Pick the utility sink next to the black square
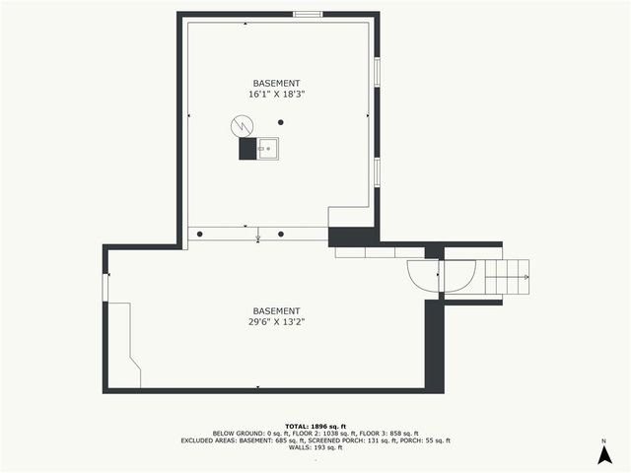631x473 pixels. point(267,149)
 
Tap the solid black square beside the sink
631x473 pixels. point(246,149)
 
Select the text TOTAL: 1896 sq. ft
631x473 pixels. point(315,425)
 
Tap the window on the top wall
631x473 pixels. point(308,14)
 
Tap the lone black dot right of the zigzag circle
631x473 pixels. point(281,122)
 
